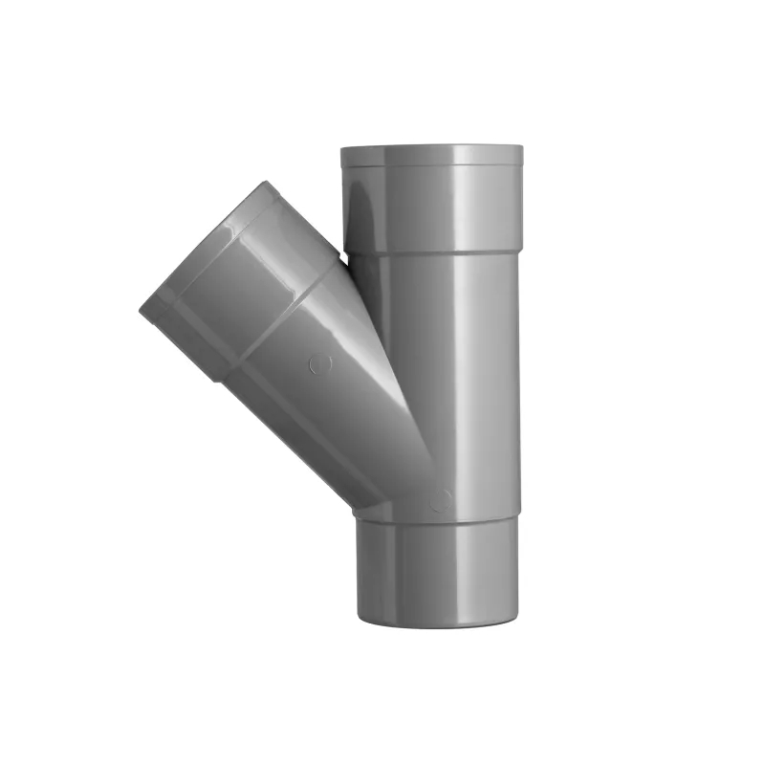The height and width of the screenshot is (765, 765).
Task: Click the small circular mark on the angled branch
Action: click(x=321, y=364)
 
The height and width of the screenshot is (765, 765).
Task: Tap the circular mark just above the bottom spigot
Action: click(x=441, y=500)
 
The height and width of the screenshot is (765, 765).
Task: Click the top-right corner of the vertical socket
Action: click(x=522, y=147)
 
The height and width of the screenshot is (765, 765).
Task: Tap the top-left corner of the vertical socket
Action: click(x=341, y=148)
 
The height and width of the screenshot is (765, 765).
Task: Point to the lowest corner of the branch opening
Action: click(x=216, y=380)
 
